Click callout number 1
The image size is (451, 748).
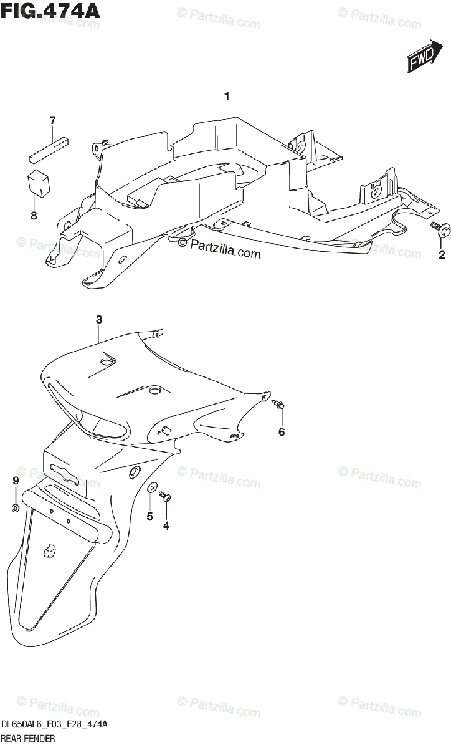(x=227, y=96)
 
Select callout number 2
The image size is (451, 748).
(x=442, y=254)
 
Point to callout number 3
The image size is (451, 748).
(x=99, y=319)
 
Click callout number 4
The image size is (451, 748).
(x=166, y=525)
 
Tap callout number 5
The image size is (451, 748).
(x=150, y=516)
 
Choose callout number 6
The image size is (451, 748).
(x=282, y=431)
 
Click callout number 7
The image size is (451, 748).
(x=53, y=120)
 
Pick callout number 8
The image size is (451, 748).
(x=34, y=216)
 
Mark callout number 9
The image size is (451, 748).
(x=16, y=480)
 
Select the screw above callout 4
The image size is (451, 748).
(x=166, y=496)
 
